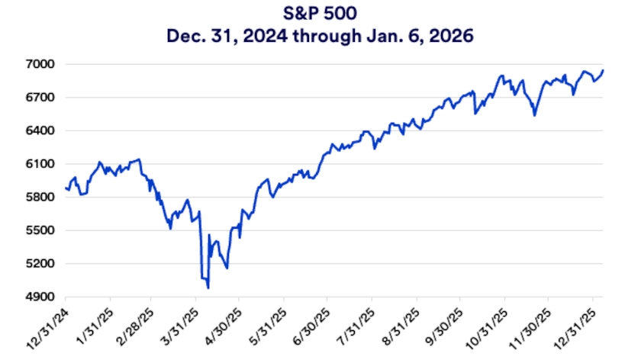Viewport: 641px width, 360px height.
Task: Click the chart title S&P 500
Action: [x=320, y=14]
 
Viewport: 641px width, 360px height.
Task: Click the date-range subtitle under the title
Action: [x=320, y=35]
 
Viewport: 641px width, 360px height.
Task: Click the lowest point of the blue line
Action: [x=208, y=288]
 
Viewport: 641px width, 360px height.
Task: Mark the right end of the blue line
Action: [x=603, y=71]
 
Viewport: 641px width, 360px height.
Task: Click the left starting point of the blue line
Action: [x=66, y=188]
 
